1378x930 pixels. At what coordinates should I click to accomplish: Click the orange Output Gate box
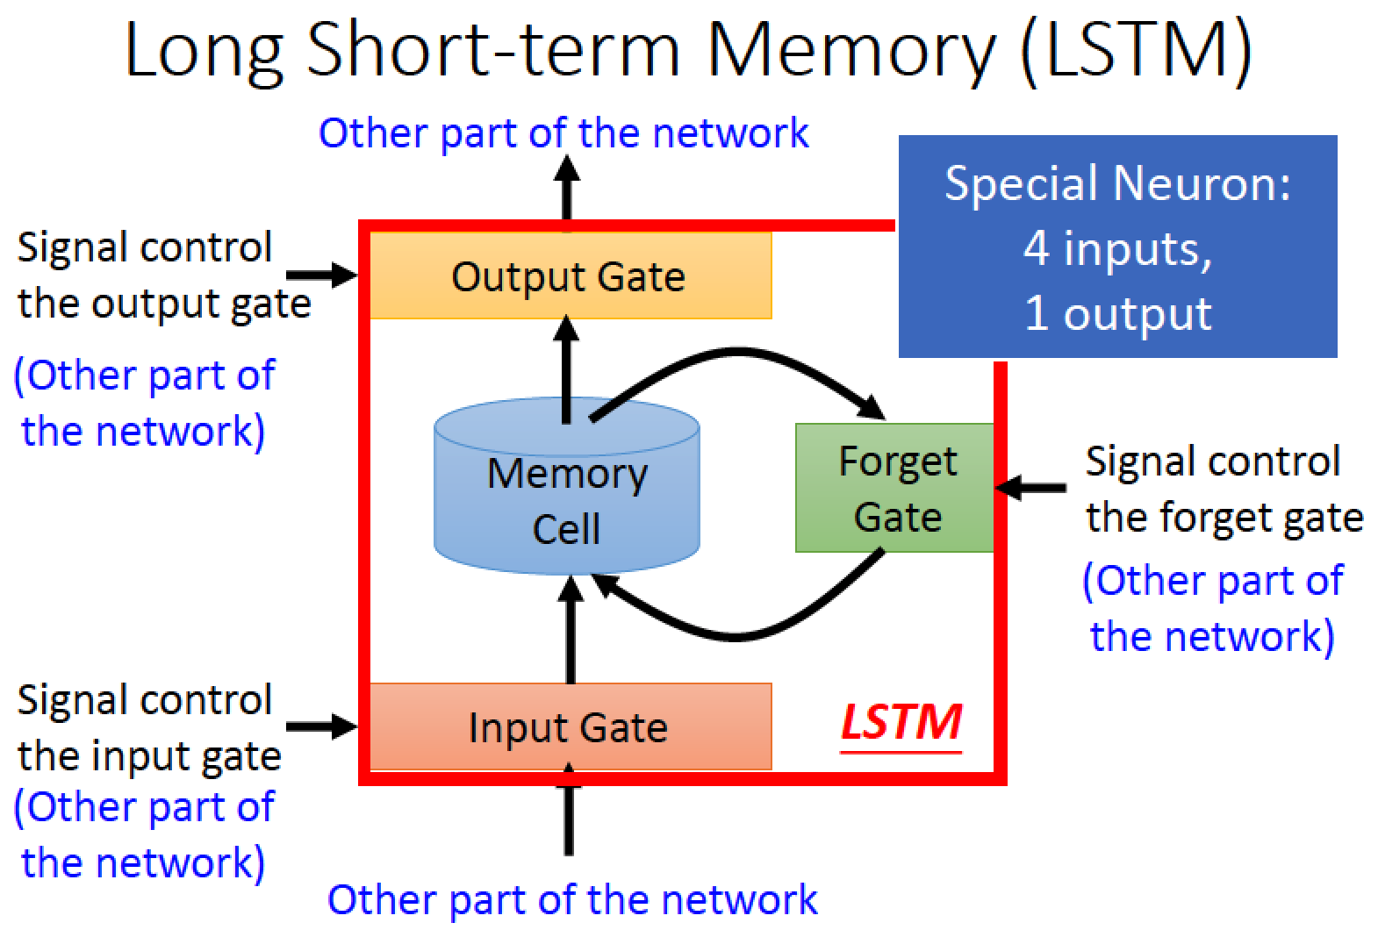(571, 275)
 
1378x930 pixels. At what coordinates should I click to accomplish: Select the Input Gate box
(571, 726)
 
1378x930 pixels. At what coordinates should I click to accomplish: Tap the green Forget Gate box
(894, 488)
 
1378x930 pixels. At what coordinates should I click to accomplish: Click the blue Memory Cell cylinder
(567, 486)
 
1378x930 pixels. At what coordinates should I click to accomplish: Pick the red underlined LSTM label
(901, 725)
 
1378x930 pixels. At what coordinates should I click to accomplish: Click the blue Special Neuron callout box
(1118, 246)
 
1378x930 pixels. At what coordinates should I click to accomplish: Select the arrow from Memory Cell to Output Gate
(567, 369)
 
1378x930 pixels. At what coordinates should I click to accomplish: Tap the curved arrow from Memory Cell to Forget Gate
(738, 352)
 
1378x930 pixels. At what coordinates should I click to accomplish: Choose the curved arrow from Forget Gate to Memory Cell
(738, 637)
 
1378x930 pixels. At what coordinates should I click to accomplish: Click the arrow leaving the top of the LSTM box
(567, 188)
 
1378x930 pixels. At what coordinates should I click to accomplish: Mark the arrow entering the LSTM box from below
(569, 810)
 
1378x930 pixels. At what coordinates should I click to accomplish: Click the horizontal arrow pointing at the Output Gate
(322, 275)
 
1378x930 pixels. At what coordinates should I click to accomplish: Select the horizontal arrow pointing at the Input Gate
(322, 726)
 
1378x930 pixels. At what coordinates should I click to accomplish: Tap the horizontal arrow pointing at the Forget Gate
(1030, 488)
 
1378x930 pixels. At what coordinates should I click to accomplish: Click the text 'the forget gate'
(1224, 518)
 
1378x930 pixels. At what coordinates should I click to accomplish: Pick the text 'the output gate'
(164, 304)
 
